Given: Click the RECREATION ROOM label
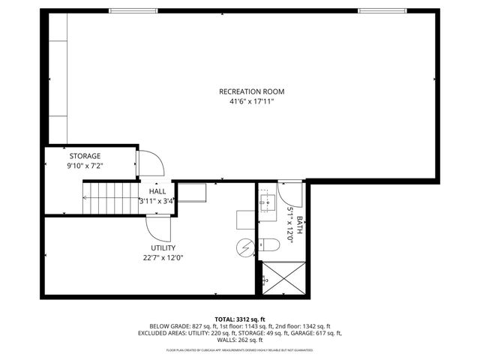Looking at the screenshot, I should (x=251, y=91).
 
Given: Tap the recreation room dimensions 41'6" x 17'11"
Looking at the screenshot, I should (x=251, y=100).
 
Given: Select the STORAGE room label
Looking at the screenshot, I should (x=85, y=155).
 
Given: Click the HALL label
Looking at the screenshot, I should (x=157, y=192).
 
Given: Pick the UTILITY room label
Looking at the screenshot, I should (x=163, y=247).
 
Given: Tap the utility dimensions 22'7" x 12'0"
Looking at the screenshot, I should (x=163, y=257).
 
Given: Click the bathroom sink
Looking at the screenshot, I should (x=267, y=202).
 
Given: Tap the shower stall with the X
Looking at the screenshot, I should (x=283, y=279).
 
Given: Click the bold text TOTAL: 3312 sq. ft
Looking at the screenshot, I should (x=239, y=319).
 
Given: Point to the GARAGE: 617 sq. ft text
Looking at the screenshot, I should (x=320, y=333).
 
